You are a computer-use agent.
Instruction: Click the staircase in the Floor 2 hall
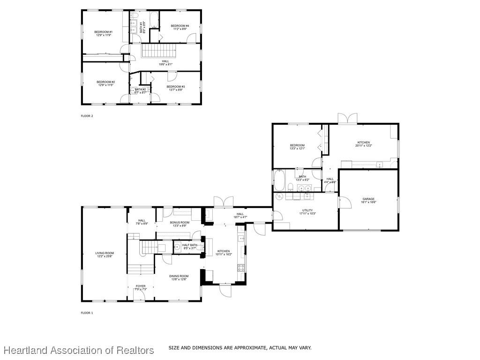coord(159,50)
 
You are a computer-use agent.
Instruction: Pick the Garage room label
coord(368,200)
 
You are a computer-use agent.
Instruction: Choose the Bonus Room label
coord(180,224)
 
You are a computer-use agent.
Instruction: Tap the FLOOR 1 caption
coord(87,313)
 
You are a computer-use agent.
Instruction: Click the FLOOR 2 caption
coord(87,116)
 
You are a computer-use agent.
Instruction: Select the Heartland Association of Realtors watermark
coord(79,350)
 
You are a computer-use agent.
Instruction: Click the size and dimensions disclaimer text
coord(240,348)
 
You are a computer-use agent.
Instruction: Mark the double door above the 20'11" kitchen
coord(348,119)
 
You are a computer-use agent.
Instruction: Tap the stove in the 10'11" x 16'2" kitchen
coord(241,268)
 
